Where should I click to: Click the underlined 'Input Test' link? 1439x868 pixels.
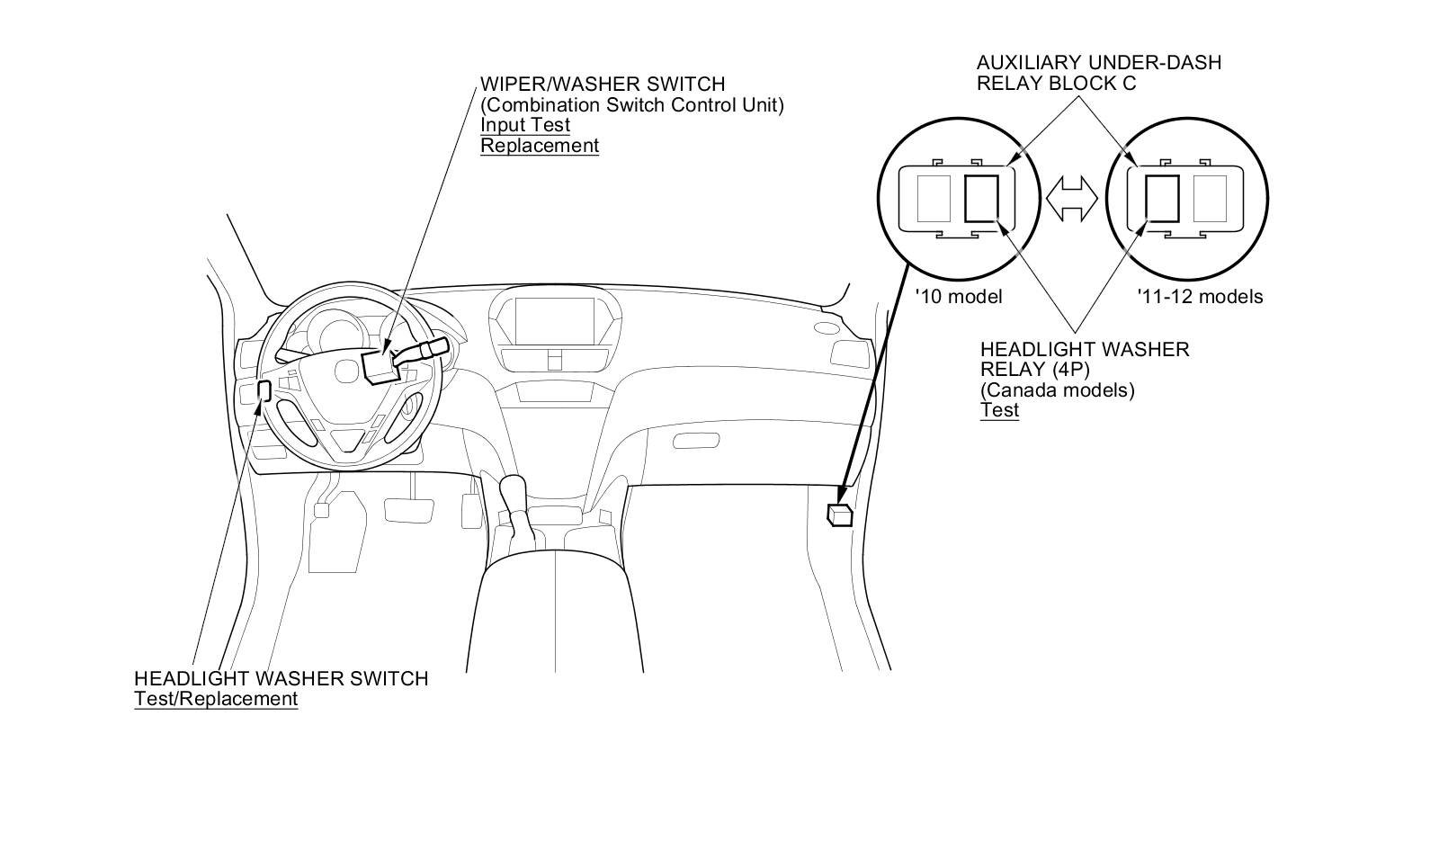click(x=524, y=125)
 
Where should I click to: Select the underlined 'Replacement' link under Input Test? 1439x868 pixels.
click(x=539, y=146)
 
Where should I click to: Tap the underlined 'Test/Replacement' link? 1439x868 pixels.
click(x=216, y=699)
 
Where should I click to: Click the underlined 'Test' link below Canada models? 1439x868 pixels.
click(x=999, y=410)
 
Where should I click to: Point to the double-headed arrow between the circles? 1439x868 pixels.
click(x=1072, y=198)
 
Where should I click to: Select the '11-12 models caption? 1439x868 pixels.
click(x=1199, y=296)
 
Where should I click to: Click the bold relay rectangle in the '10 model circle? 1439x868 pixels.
click(x=981, y=198)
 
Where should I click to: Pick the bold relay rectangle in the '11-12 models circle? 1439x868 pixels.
click(x=1162, y=198)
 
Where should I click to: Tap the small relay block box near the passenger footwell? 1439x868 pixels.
click(x=840, y=515)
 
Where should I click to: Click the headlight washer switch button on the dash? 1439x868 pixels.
click(x=264, y=390)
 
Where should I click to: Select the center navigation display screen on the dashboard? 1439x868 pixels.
click(x=554, y=319)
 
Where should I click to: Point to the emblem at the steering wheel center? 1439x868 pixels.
click(x=346, y=370)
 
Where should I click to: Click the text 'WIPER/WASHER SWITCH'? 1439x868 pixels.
click(x=602, y=84)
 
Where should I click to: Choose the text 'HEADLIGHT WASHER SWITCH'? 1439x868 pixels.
click(x=281, y=678)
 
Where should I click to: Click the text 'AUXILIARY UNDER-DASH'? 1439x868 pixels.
click(x=1098, y=62)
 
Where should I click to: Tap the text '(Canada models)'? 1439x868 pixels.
click(x=1057, y=390)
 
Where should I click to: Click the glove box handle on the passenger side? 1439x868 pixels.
click(x=695, y=440)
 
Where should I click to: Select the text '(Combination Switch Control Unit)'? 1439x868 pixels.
click(x=631, y=104)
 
